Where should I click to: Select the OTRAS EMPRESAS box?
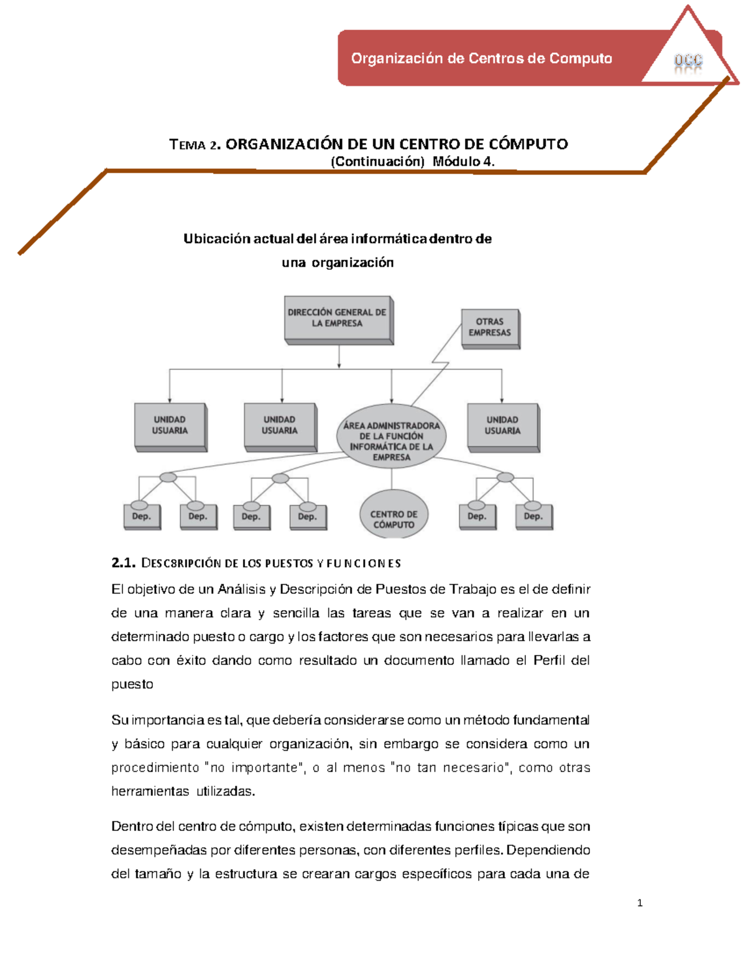click(490, 327)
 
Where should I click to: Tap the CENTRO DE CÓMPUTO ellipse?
click(394, 514)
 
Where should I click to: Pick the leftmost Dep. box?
click(142, 516)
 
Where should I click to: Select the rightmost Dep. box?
click(533, 516)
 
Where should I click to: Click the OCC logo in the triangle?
click(688, 61)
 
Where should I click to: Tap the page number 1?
click(640, 903)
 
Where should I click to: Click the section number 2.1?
click(123, 563)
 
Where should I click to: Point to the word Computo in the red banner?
click(581, 58)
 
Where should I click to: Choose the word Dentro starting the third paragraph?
click(132, 827)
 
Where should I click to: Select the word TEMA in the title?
click(187, 145)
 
